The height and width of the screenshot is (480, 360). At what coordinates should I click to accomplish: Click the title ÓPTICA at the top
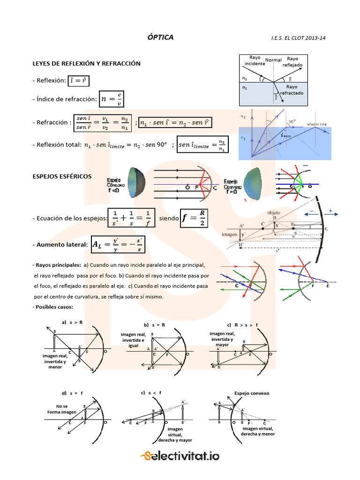pyautogui.click(x=160, y=37)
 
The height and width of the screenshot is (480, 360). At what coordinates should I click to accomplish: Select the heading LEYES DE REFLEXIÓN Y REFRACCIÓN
pyautogui.click(x=86, y=63)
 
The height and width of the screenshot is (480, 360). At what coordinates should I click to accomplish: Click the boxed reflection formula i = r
pyautogui.click(x=78, y=81)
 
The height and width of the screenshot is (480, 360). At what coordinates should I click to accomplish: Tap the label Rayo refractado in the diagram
pyautogui.click(x=292, y=90)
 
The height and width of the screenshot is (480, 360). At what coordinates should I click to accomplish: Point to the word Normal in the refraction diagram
pyautogui.click(x=273, y=60)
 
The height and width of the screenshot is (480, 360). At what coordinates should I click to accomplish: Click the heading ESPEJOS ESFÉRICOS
pyautogui.click(x=61, y=176)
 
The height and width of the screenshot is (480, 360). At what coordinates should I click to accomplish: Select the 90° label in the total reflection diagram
pyautogui.click(x=292, y=121)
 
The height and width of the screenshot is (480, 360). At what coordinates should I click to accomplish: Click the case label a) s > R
pyautogui.click(x=72, y=322)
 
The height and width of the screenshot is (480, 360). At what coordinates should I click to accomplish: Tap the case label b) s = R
pyautogui.click(x=153, y=324)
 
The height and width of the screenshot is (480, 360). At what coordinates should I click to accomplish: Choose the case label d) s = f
pyautogui.click(x=70, y=392)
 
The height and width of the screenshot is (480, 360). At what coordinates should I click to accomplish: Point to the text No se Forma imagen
pyautogui.click(x=61, y=409)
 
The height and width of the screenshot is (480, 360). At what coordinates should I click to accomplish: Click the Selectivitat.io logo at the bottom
pyautogui.click(x=180, y=456)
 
